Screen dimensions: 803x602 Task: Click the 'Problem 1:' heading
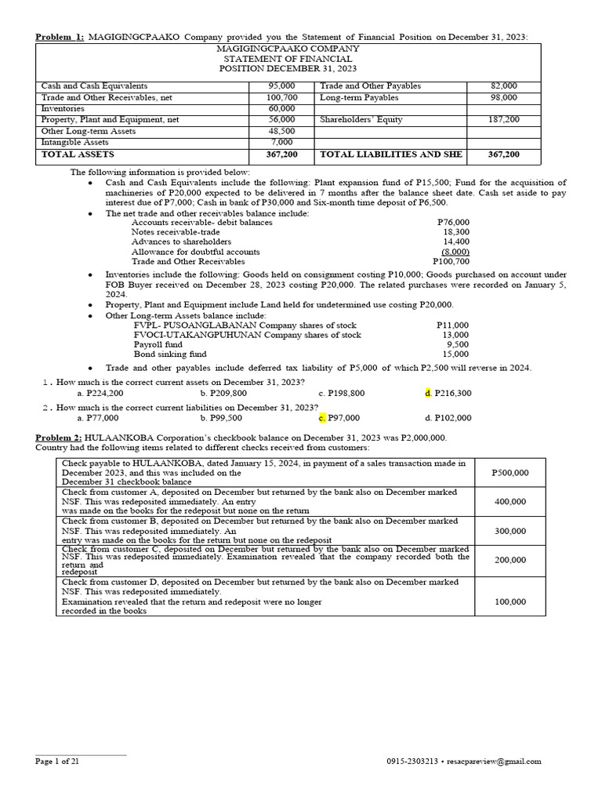(x=60, y=38)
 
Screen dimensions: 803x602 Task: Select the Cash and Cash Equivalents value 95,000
(x=281, y=86)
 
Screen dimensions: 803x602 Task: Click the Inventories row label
(x=63, y=108)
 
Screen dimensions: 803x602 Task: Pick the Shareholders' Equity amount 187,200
(x=503, y=120)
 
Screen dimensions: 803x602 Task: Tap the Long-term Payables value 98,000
(x=503, y=97)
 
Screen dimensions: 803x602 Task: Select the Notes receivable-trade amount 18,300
(x=456, y=232)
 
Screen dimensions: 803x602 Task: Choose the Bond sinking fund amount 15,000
(x=455, y=354)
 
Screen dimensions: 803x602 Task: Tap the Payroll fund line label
(x=158, y=344)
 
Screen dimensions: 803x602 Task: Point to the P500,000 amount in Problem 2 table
(x=510, y=473)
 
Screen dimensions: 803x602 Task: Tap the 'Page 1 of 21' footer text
(x=57, y=761)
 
